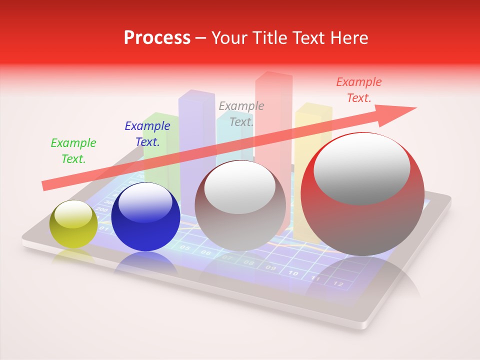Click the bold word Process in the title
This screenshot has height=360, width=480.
(157, 38)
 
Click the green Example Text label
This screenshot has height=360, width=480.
(73, 151)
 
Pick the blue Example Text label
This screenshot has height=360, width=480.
(147, 134)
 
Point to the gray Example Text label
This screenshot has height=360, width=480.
(241, 113)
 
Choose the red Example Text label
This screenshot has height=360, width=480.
(359, 90)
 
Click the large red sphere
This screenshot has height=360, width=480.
(362, 195)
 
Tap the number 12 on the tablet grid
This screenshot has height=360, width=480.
(338, 284)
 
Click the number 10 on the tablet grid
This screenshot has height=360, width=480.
(293, 273)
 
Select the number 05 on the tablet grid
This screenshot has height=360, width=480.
(184, 247)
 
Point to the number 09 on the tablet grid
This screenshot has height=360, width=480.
(270, 268)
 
